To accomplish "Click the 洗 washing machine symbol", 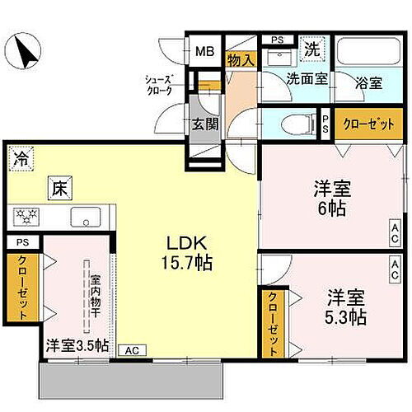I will pos(312,49).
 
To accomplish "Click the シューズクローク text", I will pos(158,85).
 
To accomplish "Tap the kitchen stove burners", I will pos(24,218).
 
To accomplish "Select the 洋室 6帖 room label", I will pos(332,197).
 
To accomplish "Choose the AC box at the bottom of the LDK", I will pos(130,349).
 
